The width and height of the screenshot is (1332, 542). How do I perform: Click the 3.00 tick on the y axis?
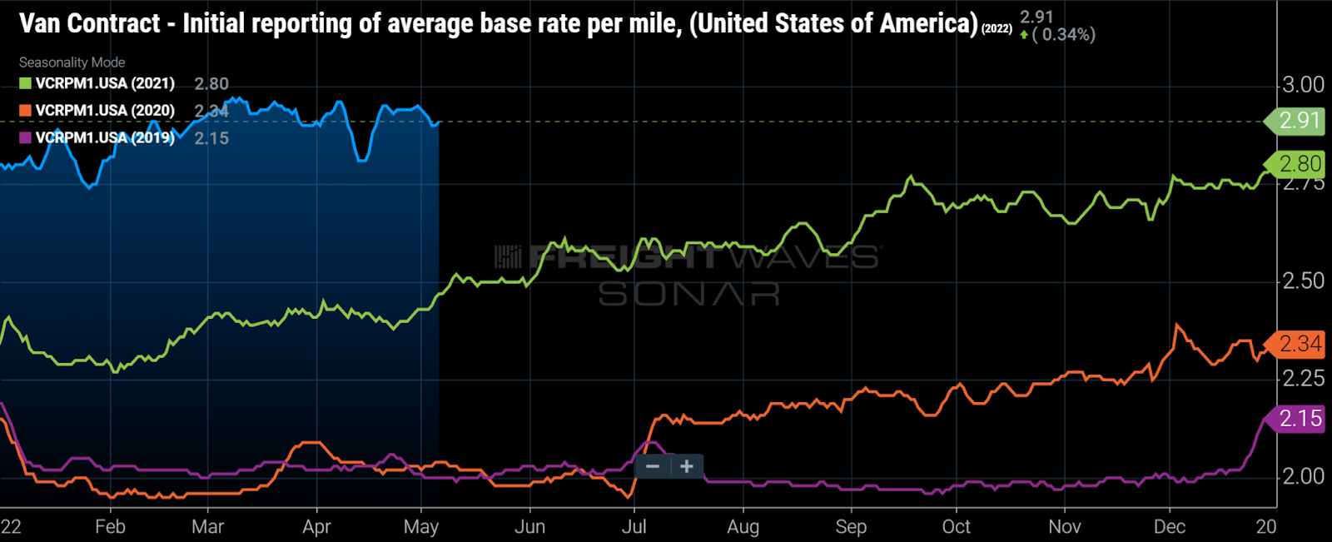(x=1303, y=85)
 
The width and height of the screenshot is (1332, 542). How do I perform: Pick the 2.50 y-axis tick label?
(x=1303, y=281)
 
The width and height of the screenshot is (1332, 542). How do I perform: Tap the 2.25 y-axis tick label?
(x=1303, y=379)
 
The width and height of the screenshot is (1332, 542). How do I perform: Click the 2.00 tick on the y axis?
(x=1303, y=476)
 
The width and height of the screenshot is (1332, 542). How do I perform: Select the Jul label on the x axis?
(x=634, y=527)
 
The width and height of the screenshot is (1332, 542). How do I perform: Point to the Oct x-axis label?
(x=956, y=527)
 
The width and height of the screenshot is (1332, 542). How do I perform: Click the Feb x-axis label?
(x=110, y=527)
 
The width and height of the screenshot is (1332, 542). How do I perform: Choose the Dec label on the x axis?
(x=1170, y=527)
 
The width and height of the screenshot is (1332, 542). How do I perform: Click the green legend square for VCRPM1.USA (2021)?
(x=26, y=83)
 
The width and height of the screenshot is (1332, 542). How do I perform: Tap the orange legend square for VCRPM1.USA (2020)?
(x=26, y=111)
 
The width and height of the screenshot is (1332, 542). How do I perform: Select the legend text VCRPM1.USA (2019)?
(x=105, y=138)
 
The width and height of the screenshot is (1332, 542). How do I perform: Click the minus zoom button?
(x=653, y=466)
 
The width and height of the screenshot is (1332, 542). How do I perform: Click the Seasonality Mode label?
(x=72, y=62)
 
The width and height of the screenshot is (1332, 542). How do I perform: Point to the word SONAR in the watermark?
(x=688, y=294)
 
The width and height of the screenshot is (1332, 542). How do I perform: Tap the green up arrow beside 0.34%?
(x=1024, y=35)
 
